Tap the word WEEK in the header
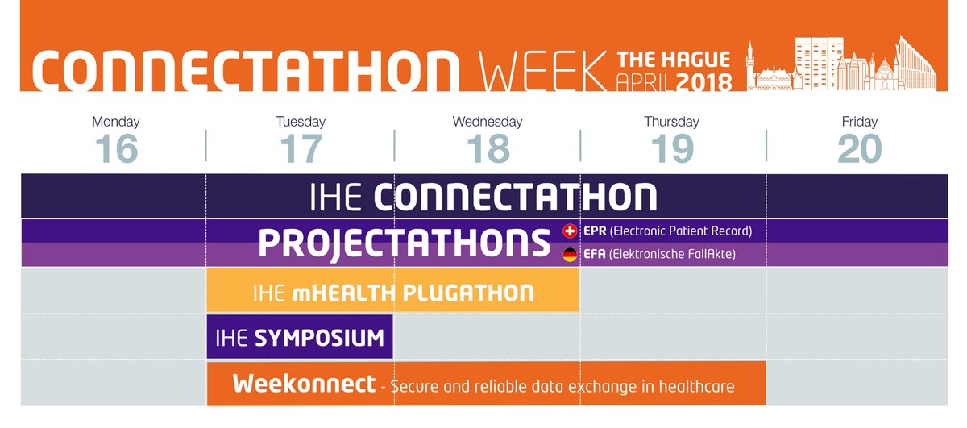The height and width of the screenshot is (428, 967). [542, 72]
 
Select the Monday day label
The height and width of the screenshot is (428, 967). [116, 123]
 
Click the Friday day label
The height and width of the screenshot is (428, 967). [860, 123]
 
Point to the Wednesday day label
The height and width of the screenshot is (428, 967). [487, 123]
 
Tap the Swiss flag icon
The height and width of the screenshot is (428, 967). [569, 231]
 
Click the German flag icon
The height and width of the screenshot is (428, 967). [569, 256]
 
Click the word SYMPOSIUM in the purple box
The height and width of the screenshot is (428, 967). [320, 338]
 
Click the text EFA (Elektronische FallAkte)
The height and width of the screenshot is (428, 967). [658, 256]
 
